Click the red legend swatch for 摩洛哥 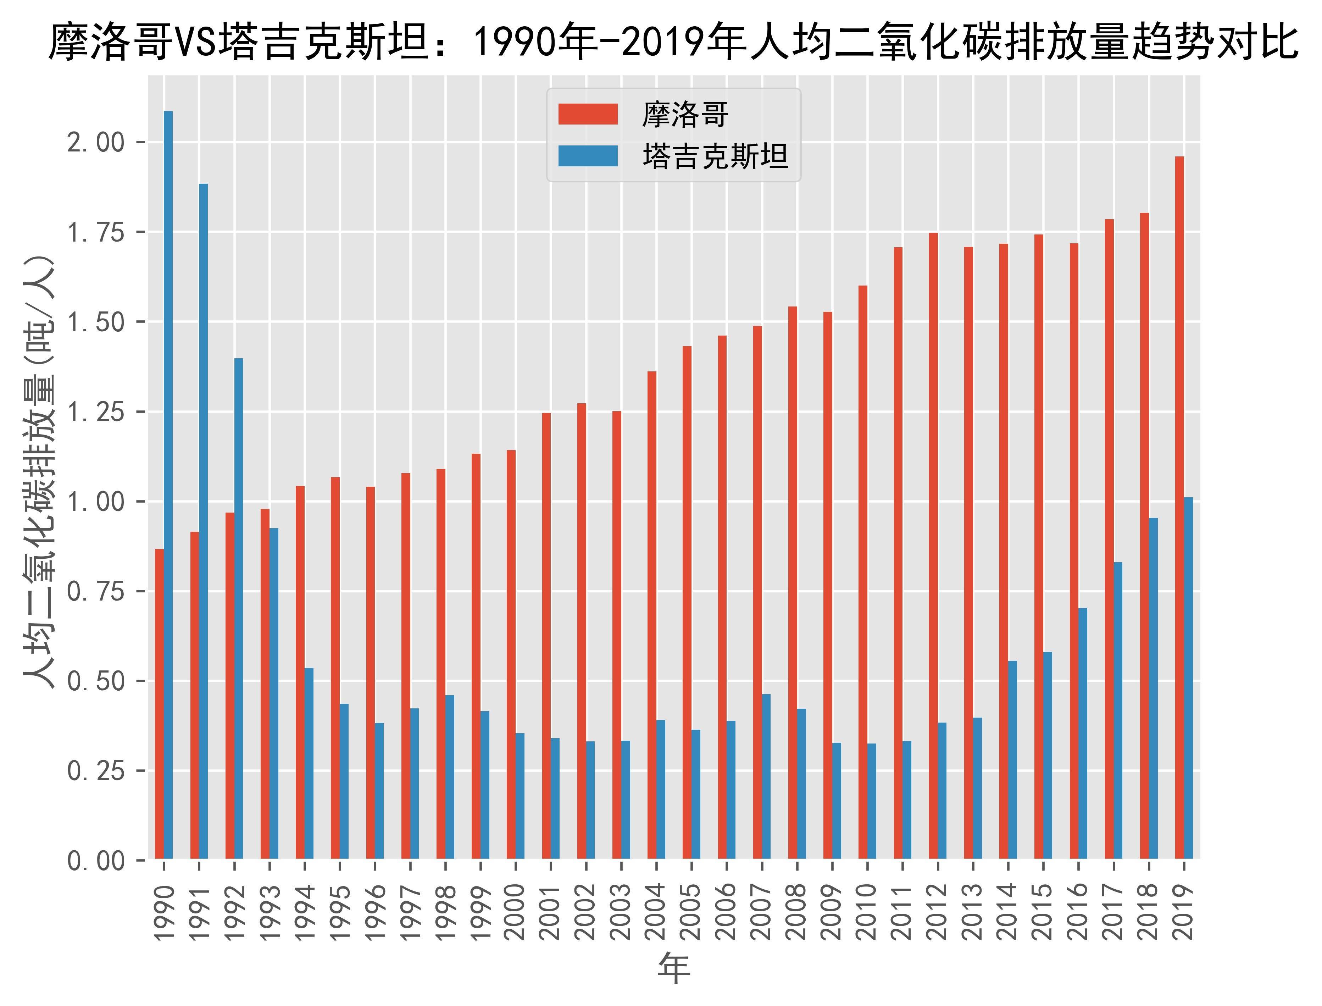pyautogui.click(x=587, y=114)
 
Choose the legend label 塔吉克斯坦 pyautogui.click(x=715, y=157)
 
